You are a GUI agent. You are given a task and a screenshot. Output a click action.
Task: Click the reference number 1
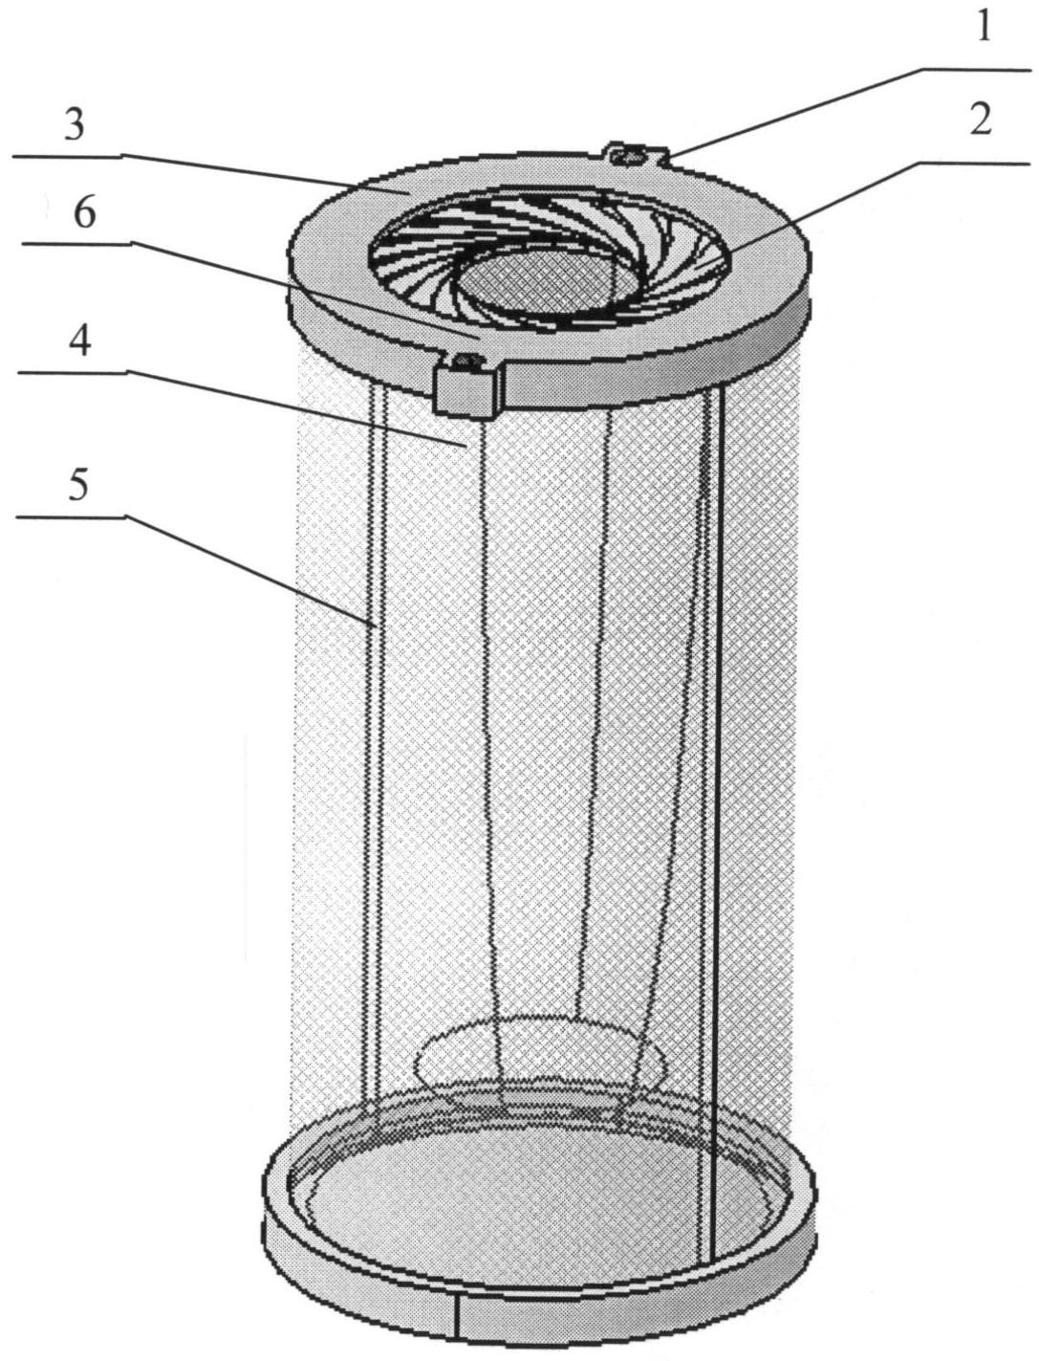[984, 25]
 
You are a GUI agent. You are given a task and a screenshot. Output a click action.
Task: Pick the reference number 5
[78, 483]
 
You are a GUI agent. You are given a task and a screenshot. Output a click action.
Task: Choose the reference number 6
[84, 213]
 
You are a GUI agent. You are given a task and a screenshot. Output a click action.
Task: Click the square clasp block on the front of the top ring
[467, 385]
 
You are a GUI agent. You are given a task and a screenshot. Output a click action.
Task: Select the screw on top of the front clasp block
[465, 359]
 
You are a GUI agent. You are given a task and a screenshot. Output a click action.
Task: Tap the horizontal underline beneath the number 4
[72, 372]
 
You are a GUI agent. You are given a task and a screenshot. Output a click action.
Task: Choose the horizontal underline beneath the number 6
[77, 245]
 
